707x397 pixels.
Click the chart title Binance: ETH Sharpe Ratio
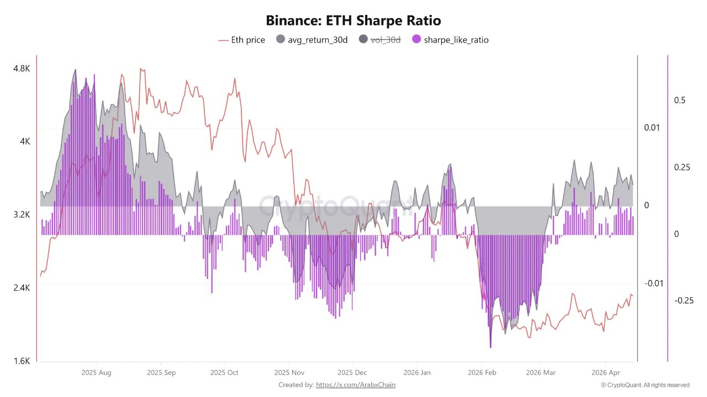353,21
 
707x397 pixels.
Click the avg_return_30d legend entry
312,40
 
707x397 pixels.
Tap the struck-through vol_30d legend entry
380,40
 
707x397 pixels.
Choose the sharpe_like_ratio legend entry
450,40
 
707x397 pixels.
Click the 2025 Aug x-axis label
96,373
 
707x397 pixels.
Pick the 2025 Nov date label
289,373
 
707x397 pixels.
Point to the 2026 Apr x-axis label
606,373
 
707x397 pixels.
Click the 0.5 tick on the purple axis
679,100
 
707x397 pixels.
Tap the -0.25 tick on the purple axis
684,301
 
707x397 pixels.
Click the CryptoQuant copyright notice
645,385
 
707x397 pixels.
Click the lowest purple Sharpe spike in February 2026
490,346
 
